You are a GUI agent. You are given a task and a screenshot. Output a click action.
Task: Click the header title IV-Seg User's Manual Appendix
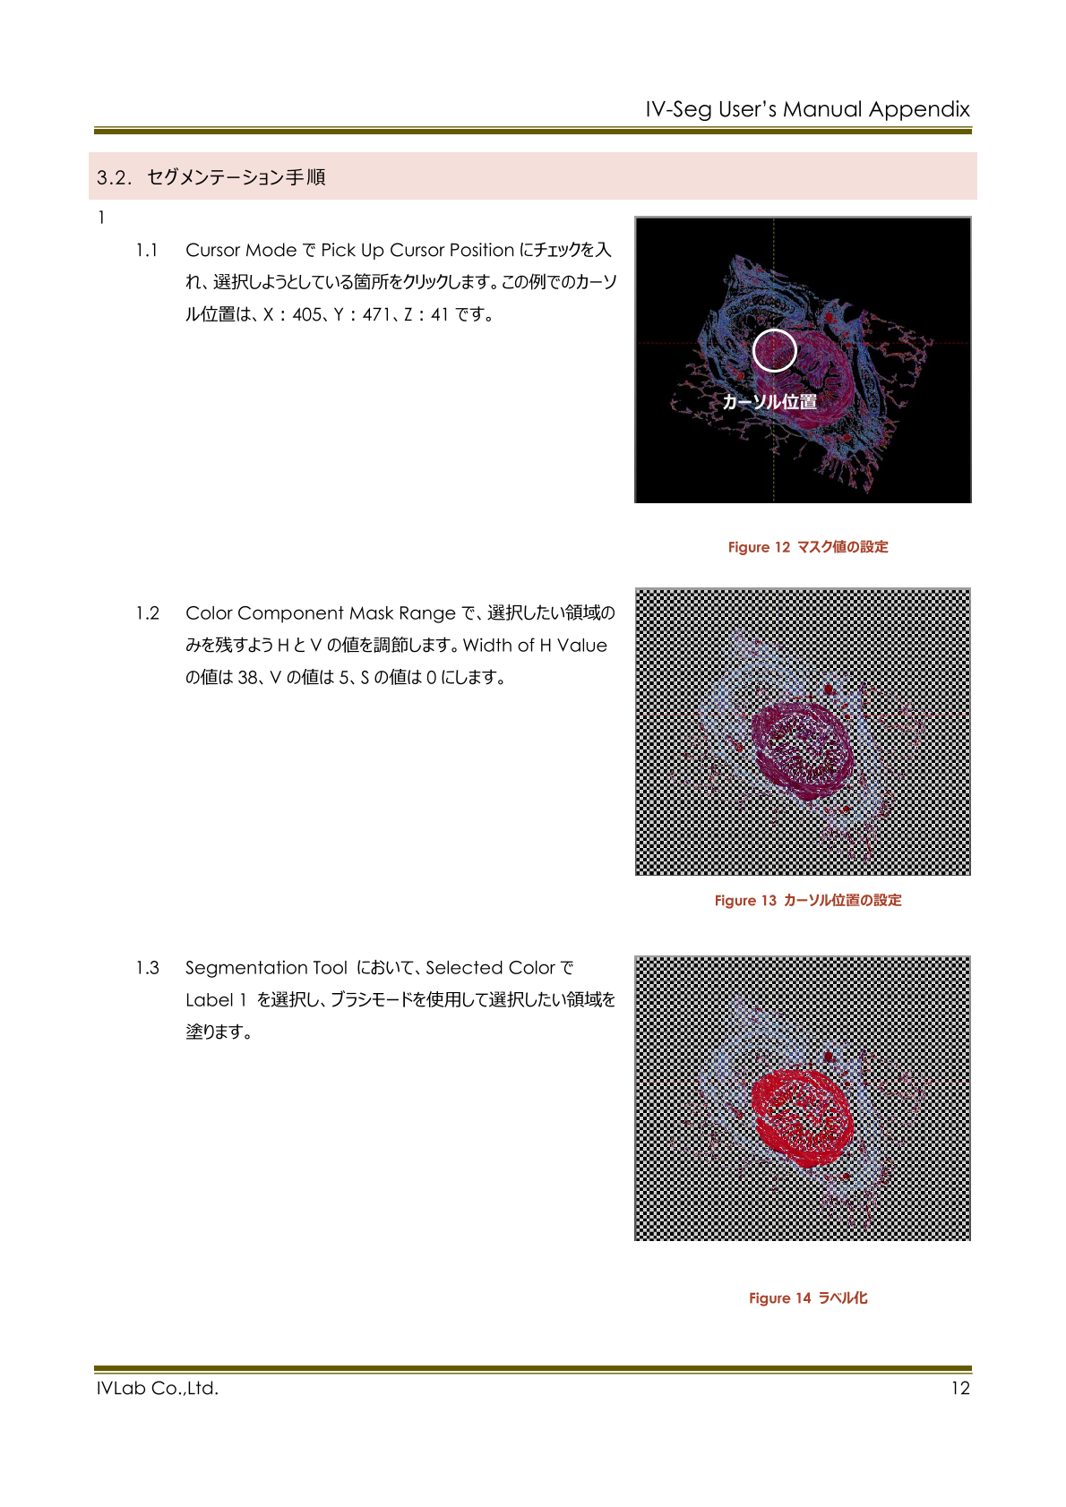pyautogui.click(x=807, y=109)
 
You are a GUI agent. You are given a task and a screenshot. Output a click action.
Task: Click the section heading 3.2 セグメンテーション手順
pyautogui.click(x=211, y=177)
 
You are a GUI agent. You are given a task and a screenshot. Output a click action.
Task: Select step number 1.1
pyautogui.click(x=147, y=251)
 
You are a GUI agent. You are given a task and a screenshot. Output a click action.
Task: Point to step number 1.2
pyautogui.click(x=148, y=613)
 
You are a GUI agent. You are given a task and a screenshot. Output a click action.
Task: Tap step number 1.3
pyautogui.click(x=148, y=968)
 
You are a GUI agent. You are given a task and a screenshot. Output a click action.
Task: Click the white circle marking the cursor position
pyautogui.click(x=774, y=350)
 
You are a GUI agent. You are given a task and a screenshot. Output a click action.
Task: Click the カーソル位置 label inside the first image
pyautogui.click(x=769, y=402)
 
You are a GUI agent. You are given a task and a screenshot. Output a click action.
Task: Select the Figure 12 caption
pyautogui.click(x=807, y=547)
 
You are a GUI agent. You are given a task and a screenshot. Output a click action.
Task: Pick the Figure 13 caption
pyautogui.click(x=807, y=901)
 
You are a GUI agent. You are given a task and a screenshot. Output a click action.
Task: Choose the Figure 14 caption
pyautogui.click(x=807, y=1298)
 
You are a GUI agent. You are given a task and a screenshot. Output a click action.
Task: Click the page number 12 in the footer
pyautogui.click(x=960, y=1389)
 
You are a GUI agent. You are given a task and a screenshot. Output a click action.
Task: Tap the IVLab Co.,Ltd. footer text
pyautogui.click(x=158, y=1389)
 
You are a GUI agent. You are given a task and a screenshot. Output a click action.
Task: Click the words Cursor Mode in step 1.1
pyautogui.click(x=241, y=251)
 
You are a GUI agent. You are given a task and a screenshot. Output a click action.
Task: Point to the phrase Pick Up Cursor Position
pyautogui.click(x=417, y=251)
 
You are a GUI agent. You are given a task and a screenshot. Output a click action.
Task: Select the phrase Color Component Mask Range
pyautogui.click(x=321, y=613)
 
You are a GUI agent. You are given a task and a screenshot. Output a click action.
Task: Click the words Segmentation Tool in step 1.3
pyautogui.click(x=266, y=968)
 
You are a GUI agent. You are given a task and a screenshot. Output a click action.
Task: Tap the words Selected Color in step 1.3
pyautogui.click(x=490, y=968)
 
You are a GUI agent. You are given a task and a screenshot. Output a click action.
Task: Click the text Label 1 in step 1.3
pyautogui.click(x=216, y=1000)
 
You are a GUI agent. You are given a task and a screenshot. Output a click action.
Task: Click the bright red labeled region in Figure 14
pyautogui.click(x=800, y=1115)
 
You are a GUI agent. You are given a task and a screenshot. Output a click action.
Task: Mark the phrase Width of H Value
pyautogui.click(x=535, y=646)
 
